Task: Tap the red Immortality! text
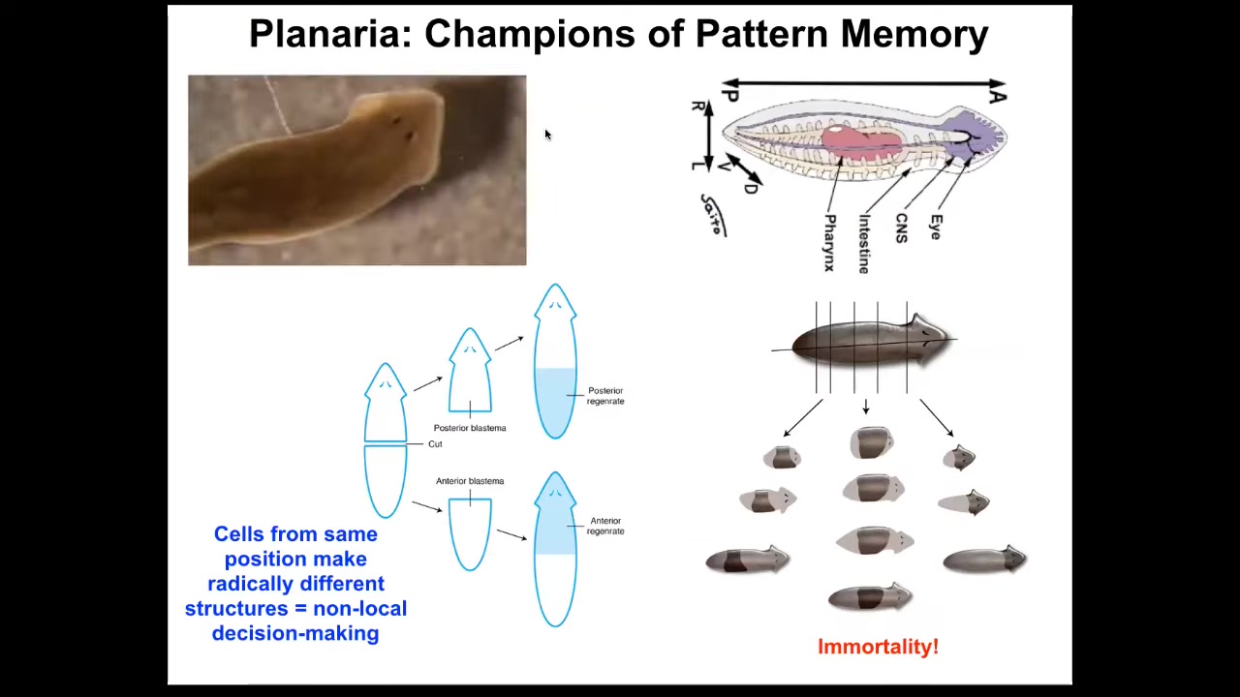878,647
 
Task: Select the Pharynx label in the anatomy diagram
829,242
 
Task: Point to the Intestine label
864,244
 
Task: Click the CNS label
901,228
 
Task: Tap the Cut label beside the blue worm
435,444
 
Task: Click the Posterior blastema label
470,428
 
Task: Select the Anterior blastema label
470,481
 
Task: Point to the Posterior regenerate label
605,396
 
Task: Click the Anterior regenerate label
605,526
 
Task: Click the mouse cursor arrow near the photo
546,135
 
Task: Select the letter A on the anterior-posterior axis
998,95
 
